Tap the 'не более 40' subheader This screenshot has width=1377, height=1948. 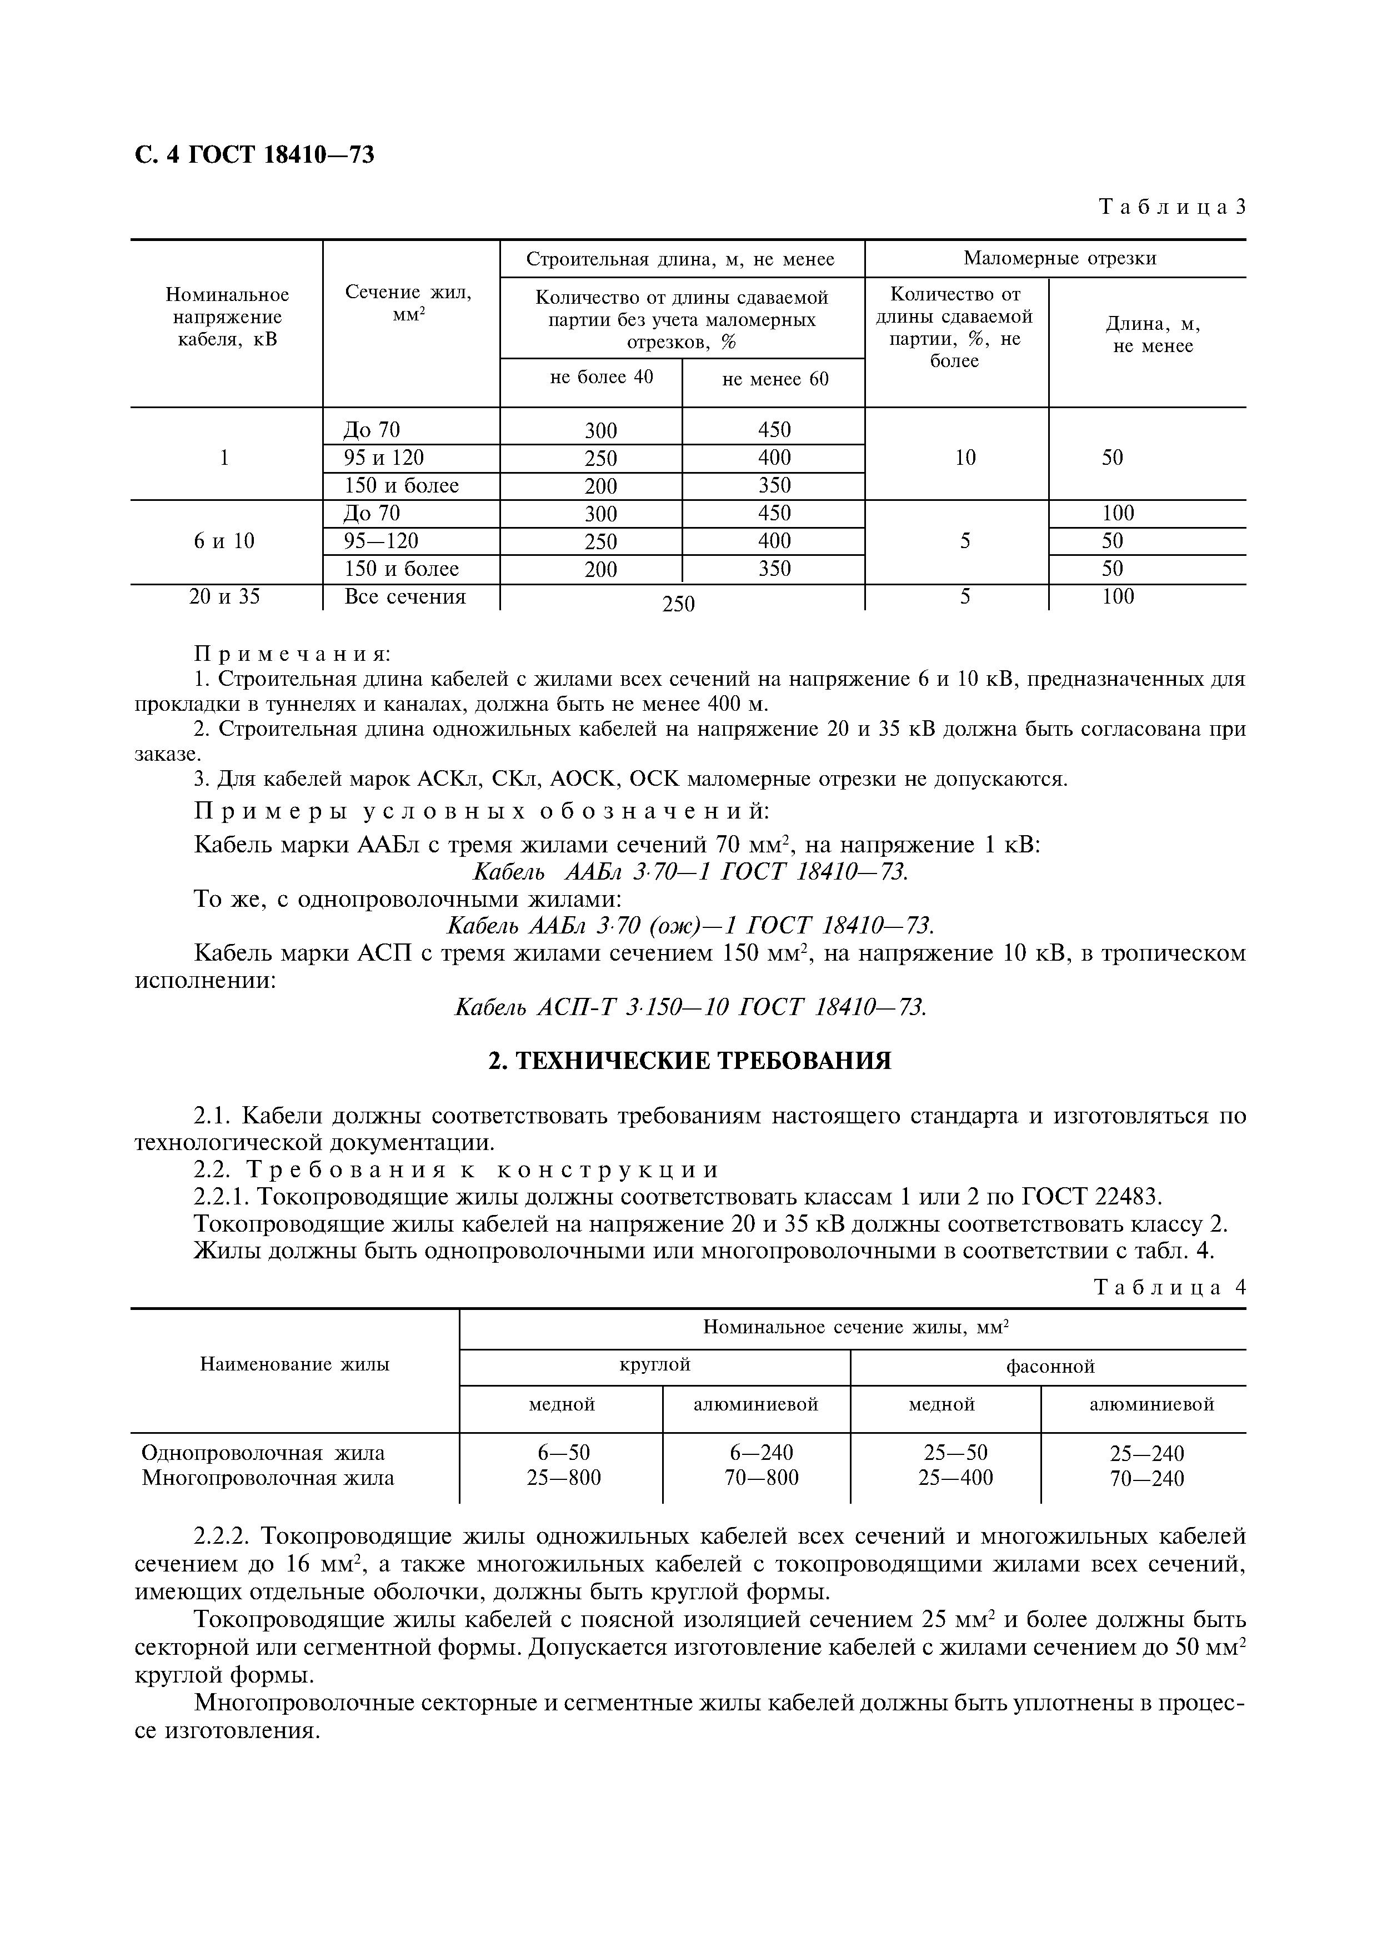pyautogui.click(x=602, y=376)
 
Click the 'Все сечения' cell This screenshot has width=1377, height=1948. pyautogui.click(x=405, y=596)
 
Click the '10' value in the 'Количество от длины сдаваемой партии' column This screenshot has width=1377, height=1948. pyautogui.click(x=965, y=458)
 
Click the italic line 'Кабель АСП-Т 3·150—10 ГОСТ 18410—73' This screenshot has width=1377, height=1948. pyautogui.click(x=690, y=1007)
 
